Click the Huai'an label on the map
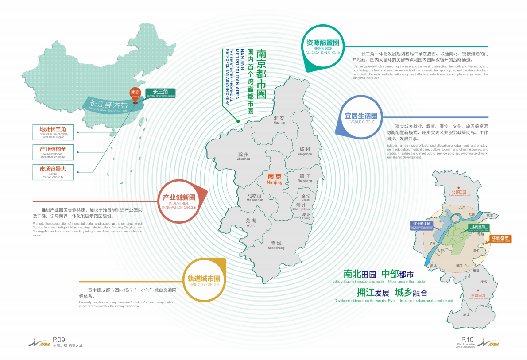[x=279, y=120]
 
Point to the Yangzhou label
[x=305, y=151]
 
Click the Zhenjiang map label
[x=305, y=178]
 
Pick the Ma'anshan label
[x=254, y=197]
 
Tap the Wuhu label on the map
[x=251, y=222]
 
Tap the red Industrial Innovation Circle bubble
[x=179, y=201]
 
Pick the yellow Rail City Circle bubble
[x=204, y=280]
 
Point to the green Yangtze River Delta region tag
[x=161, y=93]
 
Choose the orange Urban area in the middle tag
[x=500, y=239]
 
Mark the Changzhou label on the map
[x=301, y=207]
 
